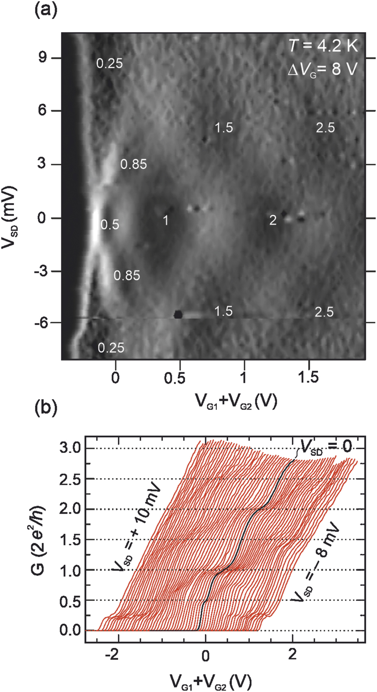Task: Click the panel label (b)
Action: click(46, 408)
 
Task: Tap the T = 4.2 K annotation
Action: click(323, 46)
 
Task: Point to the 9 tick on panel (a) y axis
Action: click(42, 58)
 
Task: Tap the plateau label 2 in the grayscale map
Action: click(273, 220)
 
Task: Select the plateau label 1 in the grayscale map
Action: click(166, 220)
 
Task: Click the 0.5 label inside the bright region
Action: click(110, 225)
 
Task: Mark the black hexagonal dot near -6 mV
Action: click(178, 314)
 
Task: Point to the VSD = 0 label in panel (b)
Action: click(326, 447)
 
